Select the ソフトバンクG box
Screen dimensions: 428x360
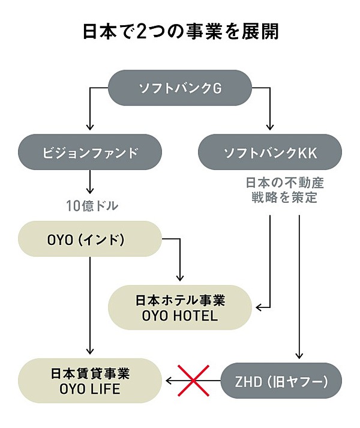point(180,88)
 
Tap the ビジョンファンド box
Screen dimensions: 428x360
point(90,152)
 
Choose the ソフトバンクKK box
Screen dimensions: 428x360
point(269,152)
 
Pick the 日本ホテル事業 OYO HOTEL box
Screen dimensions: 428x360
point(180,307)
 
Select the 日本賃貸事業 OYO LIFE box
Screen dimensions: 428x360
point(90,381)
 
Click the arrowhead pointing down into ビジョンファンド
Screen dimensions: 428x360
point(90,127)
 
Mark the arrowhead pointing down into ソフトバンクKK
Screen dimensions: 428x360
point(270,127)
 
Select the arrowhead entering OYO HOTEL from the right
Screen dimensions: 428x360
point(259,308)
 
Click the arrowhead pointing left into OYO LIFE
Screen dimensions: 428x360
point(170,381)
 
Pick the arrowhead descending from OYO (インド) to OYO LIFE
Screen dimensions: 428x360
point(90,351)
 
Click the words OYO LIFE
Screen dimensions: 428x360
point(90,389)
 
